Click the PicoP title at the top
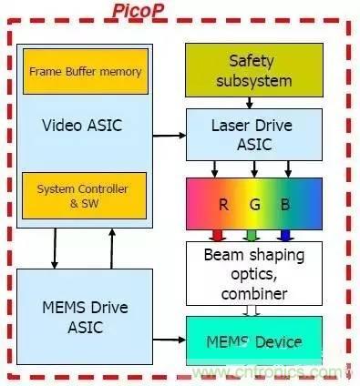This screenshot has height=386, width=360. (x=139, y=10)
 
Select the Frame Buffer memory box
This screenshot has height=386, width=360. (x=86, y=71)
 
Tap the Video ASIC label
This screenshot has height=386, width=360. (x=82, y=126)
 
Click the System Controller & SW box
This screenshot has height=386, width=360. (x=84, y=196)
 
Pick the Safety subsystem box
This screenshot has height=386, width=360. (x=254, y=70)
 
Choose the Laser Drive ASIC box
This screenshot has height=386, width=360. (x=254, y=135)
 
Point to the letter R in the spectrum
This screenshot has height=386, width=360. (x=223, y=205)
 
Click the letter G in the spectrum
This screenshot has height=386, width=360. (x=255, y=205)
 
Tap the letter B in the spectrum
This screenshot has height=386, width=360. (x=285, y=205)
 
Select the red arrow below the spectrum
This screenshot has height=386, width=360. (x=218, y=236)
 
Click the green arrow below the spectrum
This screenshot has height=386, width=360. (x=252, y=236)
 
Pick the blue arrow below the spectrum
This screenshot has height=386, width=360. (x=285, y=236)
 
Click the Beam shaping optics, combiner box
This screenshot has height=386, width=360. (x=254, y=273)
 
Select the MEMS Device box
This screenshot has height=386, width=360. (x=254, y=340)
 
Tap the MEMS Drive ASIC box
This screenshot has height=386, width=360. (x=85, y=317)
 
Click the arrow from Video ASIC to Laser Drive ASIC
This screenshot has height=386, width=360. (x=170, y=136)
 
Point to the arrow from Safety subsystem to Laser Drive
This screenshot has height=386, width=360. (x=250, y=103)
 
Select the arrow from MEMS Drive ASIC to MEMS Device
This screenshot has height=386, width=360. (x=170, y=340)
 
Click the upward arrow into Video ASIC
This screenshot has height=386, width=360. (x=112, y=249)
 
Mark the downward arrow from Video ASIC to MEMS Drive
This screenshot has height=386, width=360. (x=55, y=249)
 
